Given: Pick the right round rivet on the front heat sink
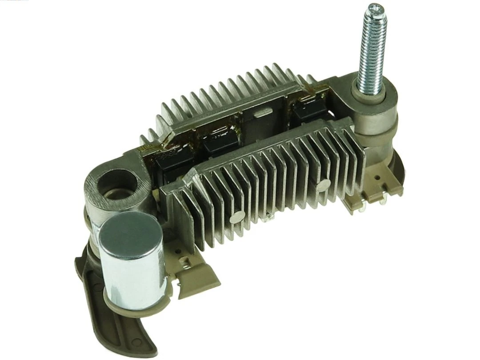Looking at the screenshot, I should (324, 185).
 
